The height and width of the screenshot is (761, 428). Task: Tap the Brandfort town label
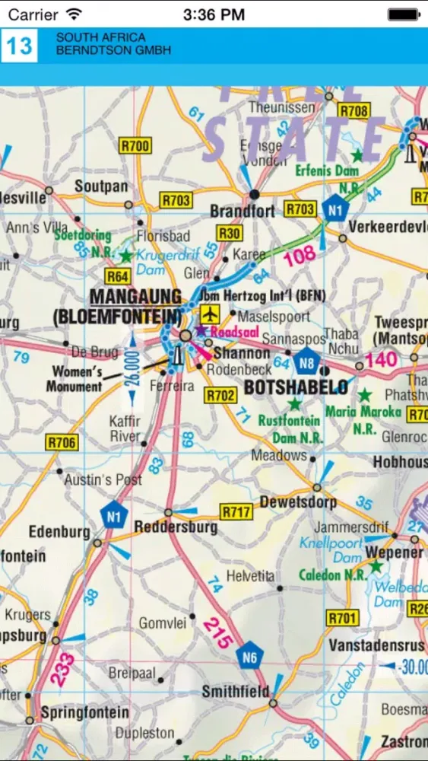[x=243, y=211]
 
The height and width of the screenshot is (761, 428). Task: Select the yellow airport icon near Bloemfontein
[x=210, y=313]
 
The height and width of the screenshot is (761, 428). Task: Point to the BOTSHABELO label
[x=296, y=387]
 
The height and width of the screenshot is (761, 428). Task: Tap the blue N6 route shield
[x=249, y=656]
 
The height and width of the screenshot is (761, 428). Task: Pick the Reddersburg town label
[x=176, y=527]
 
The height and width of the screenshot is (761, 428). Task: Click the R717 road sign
[x=236, y=512]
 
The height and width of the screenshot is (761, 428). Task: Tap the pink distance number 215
[x=217, y=632]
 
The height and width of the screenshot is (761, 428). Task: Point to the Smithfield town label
[x=236, y=692]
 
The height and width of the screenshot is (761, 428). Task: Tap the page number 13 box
[x=19, y=46]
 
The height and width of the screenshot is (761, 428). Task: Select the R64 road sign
[x=117, y=276]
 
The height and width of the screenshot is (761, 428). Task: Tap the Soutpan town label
[x=101, y=186]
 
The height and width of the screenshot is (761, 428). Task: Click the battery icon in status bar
[x=403, y=14]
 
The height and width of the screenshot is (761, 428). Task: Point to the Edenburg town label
[x=59, y=532]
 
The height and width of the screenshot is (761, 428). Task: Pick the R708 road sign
[x=353, y=111]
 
